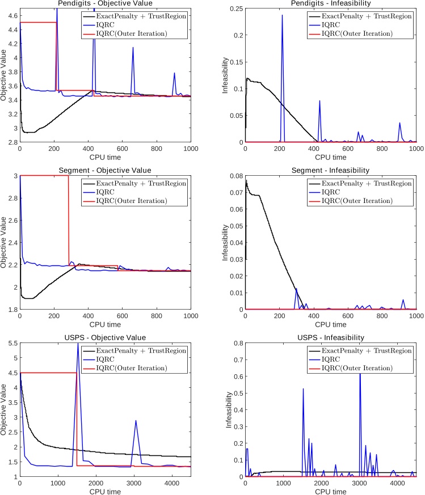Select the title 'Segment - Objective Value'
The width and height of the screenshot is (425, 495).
coord(105,170)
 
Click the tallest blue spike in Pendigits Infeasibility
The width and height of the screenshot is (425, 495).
coord(282,16)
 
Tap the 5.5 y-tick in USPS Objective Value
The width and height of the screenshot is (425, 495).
coord(10,343)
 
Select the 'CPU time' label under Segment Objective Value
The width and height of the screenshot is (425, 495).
coord(105,324)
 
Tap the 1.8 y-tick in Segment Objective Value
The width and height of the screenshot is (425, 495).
coord(10,310)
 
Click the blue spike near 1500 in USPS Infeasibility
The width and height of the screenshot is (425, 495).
coord(303,389)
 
